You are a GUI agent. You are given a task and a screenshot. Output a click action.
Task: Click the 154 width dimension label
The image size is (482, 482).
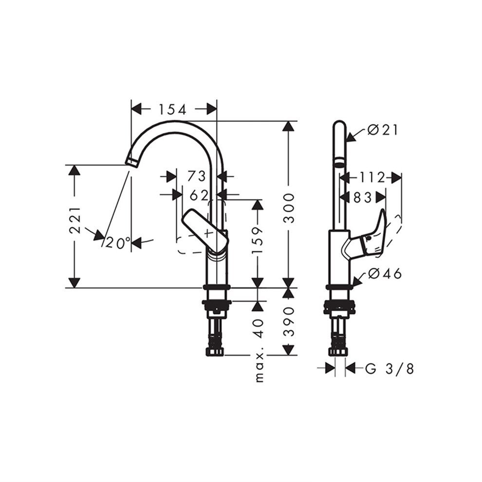pos(172,109)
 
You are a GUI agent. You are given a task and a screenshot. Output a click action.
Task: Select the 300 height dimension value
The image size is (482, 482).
pos(289,208)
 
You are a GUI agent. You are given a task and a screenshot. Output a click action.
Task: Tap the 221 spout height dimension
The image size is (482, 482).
pos(74,220)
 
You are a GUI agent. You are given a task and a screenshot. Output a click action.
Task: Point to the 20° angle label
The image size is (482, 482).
pos(118,243)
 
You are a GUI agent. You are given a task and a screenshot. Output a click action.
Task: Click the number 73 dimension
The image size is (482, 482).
pos(196,176)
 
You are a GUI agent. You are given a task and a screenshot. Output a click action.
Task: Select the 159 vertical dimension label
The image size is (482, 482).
pos(257,241)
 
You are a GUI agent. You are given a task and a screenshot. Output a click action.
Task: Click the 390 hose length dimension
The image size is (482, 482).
pos(289,321)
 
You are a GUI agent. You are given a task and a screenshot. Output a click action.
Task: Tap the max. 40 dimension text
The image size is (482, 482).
pos(260,350)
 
